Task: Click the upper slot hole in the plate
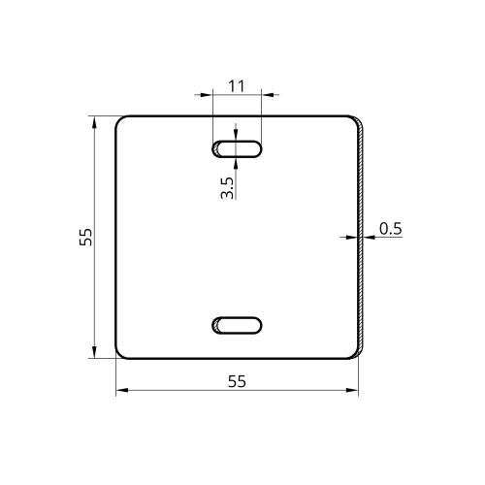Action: click(x=237, y=149)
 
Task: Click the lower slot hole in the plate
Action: click(x=237, y=325)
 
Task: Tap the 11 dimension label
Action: click(x=237, y=86)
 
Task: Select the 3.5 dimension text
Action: click(x=227, y=188)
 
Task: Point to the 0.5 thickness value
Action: click(x=391, y=229)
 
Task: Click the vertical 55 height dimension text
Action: click(x=85, y=237)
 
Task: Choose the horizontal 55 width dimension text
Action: click(x=237, y=381)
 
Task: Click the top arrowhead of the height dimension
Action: click(x=94, y=122)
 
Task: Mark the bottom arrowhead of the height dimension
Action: click(x=94, y=352)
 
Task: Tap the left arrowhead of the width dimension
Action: click(x=122, y=390)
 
